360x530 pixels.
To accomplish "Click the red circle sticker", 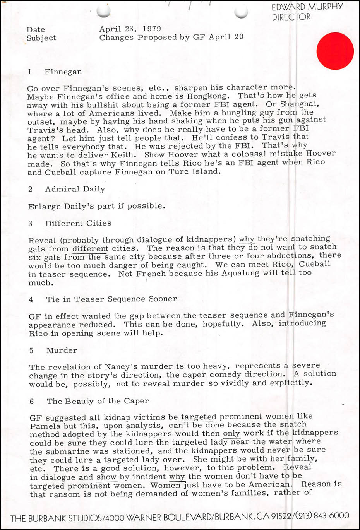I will tap(335, 51).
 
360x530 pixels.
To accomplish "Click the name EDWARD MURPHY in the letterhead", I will tap(307, 7).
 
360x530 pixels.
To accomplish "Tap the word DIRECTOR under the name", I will tap(291, 17).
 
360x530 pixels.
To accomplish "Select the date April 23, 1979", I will tap(130, 29).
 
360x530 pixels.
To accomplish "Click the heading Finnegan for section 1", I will tap(63, 72).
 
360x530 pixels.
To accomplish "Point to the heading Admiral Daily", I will tap(75, 189).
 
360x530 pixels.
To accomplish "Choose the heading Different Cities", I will tap(78, 223).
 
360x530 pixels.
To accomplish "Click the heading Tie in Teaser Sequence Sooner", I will tap(111, 299).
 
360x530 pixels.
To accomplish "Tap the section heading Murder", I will tap(62, 350).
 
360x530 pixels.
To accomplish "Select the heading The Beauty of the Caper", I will tap(98, 401).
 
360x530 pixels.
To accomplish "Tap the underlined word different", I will tap(90, 248).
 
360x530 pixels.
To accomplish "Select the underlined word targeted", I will tap(199, 417).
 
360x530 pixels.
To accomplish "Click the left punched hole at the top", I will tap(104, 12).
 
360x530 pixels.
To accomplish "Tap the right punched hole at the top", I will tap(241, 12).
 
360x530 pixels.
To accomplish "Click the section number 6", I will tap(32, 402).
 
